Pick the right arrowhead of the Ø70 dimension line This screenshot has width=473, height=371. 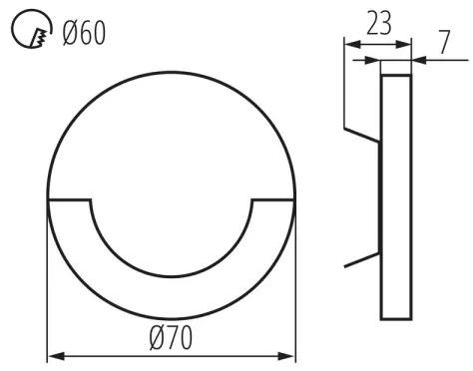pos(290,355)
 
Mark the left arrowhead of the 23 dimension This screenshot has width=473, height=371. pos(348,42)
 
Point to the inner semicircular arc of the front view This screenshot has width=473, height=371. pos(171,275)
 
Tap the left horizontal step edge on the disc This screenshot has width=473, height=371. pos(70,201)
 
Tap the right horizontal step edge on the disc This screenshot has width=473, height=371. pos(272,201)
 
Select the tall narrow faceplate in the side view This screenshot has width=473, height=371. pos(396,199)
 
